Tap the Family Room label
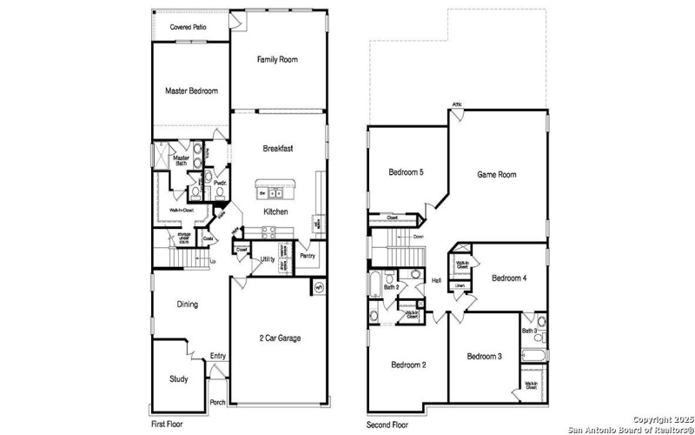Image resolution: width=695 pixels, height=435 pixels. click(x=278, y=60)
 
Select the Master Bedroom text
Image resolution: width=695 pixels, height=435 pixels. click(x=191, y=90)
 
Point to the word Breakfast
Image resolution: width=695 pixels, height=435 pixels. click(x=278, y=149)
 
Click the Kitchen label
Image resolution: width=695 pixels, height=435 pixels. click(x=276, y=212)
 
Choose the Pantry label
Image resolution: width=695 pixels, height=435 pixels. click(x=307, y=256)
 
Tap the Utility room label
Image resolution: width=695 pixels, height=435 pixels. click(x=268, y=259)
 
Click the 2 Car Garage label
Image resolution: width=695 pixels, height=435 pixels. click(x=280, y=338)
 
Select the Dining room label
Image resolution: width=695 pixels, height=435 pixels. click(x=187, y=304)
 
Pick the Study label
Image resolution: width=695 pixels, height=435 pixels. click(x=178, y=379)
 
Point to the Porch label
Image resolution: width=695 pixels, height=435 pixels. click(x=218, y=402)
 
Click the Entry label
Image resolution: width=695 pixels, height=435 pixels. click(x=217, y=357)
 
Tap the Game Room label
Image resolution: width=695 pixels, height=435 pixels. click(x=497, y=175)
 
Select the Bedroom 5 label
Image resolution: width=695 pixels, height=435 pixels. click(x=406, y=172)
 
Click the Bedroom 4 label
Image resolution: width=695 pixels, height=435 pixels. click(x=508, y=278)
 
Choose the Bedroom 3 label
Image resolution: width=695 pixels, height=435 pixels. click(x=484, y=357)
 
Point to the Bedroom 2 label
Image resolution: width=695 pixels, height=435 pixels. click(x=407, y=365)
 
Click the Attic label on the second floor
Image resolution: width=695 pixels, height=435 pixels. click(x=457, y=105)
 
